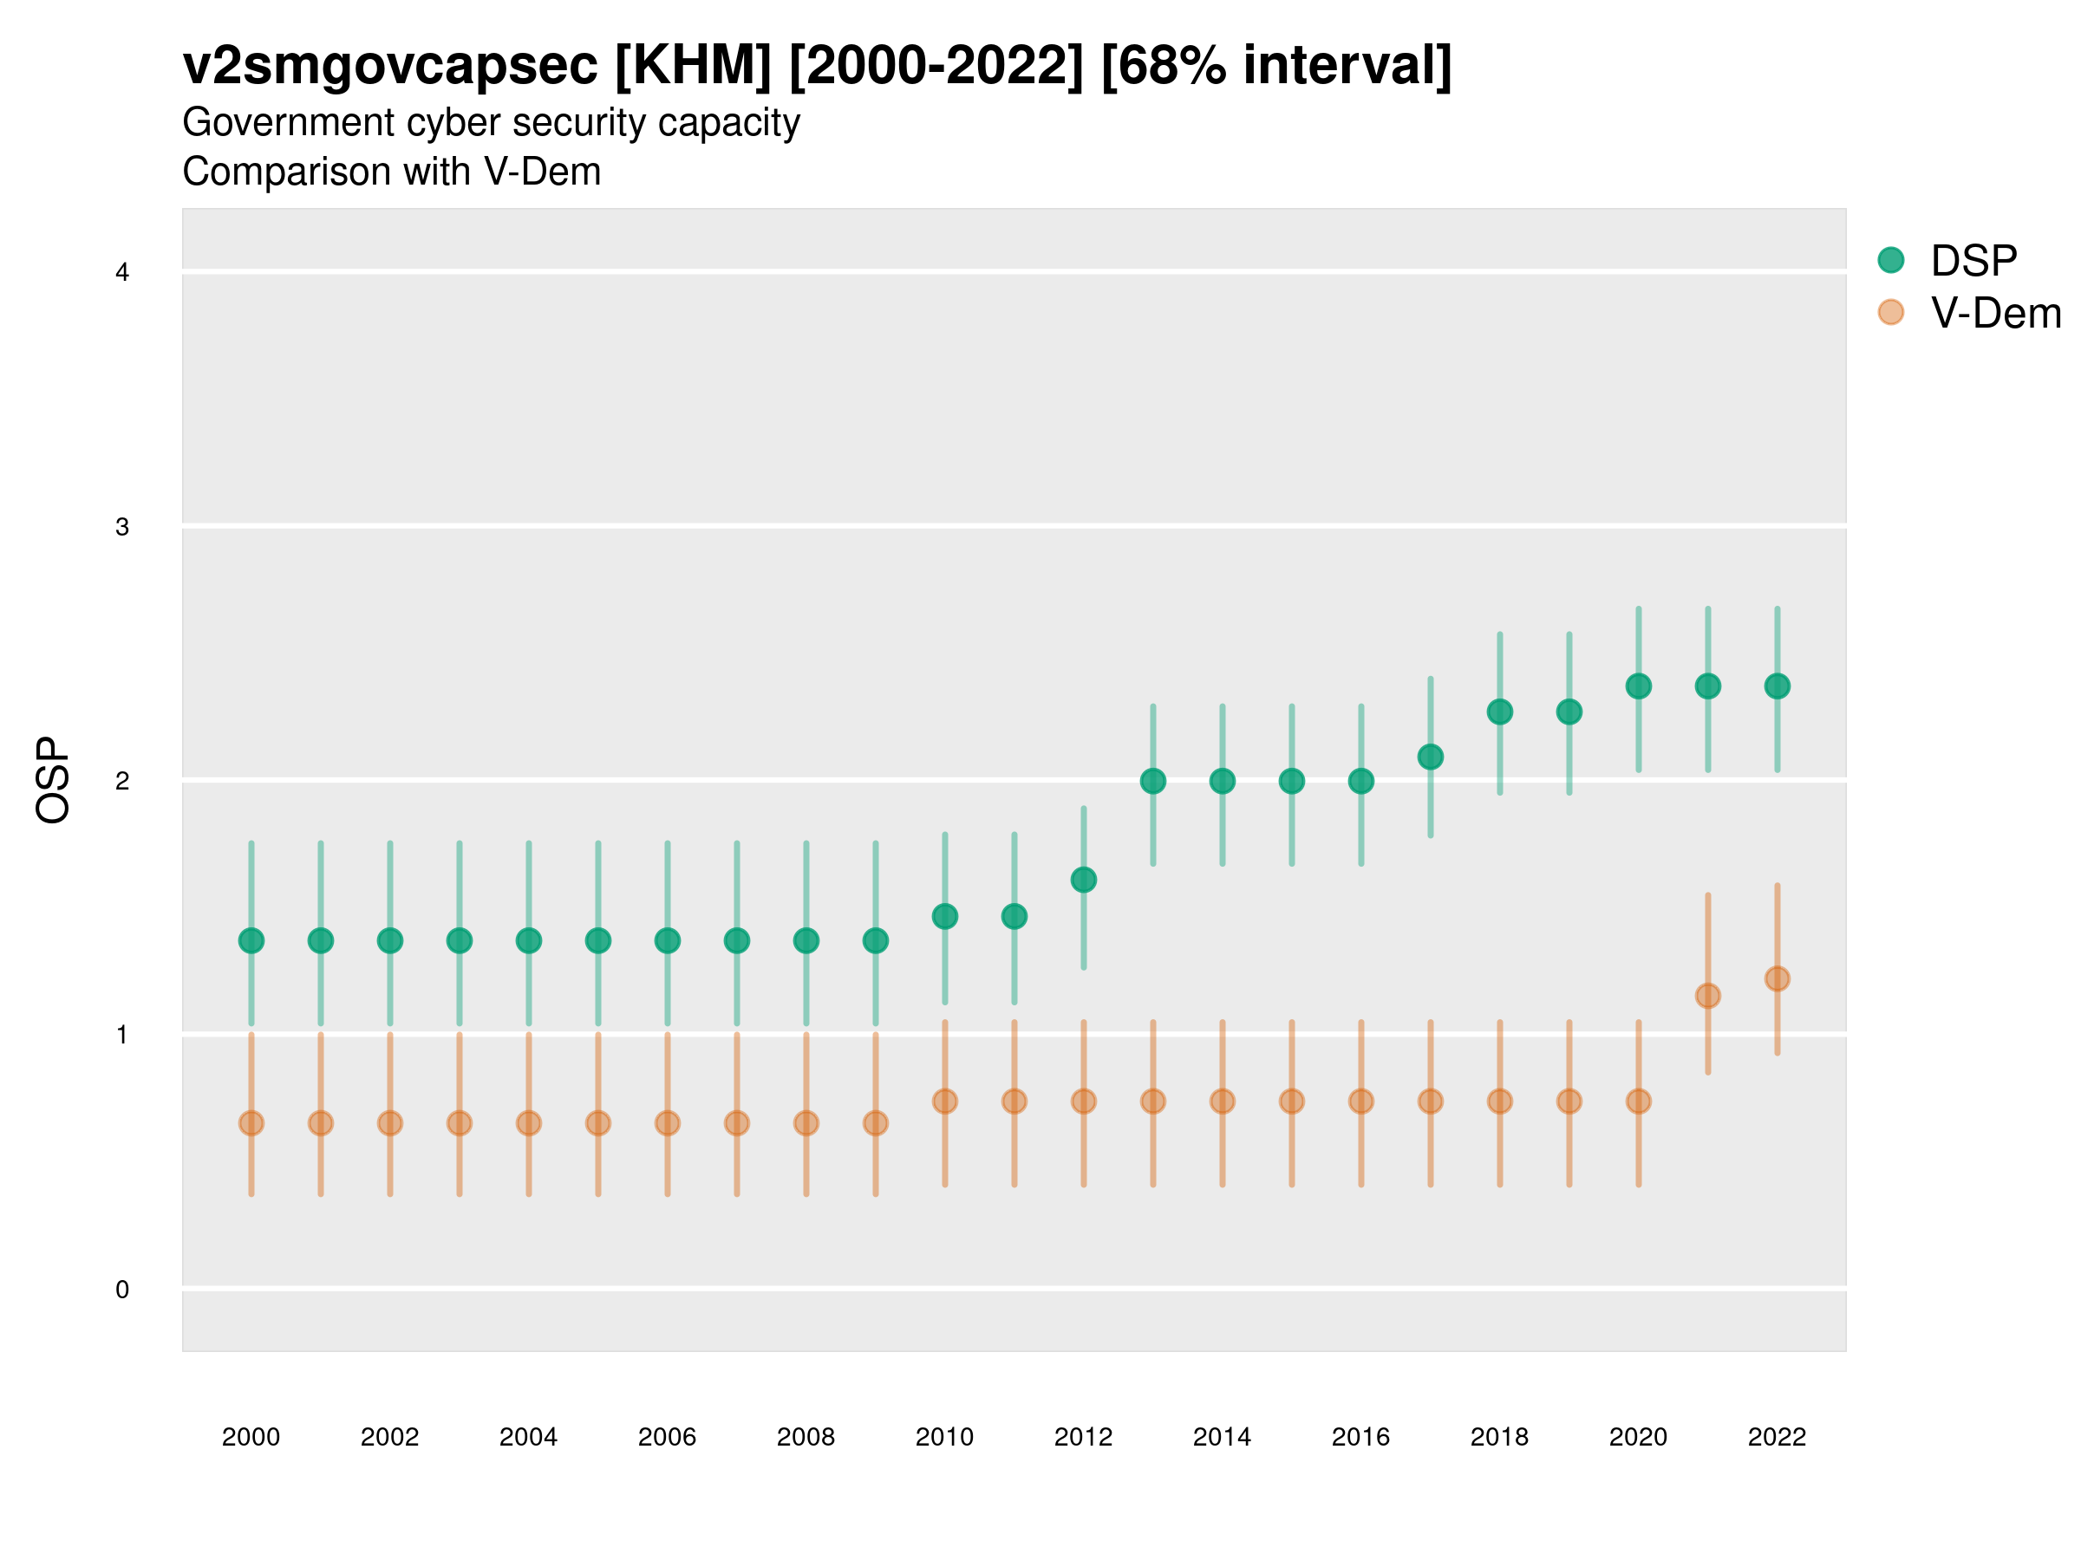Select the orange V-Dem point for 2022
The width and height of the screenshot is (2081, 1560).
[x=1778, y=978]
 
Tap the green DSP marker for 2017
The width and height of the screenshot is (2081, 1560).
[x=1430, y=757]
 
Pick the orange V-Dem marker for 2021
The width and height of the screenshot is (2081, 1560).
[x=1707, y=996]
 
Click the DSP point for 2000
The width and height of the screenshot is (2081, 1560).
[x=251, y=940]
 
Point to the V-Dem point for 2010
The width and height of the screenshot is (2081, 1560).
[x=944, y=1102]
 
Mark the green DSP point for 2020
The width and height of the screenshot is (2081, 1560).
[x=1638, y=686]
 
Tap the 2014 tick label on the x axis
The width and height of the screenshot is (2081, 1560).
[x=1222, y=1437]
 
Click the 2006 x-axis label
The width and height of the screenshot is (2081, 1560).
[x=667, y=1437]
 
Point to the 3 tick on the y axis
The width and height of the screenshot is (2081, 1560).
[x=122, y=527]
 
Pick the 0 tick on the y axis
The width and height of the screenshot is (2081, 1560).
[x=122, y=1290]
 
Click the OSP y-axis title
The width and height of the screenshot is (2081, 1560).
[x=53, y=781]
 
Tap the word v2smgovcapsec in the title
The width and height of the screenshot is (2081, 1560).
[x=389, y=66]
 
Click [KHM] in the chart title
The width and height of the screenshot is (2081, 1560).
[x=693, y=66]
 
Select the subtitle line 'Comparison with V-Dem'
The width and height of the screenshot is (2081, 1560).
[x=391, y=172]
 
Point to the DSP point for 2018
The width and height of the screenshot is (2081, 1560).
[x=1499, y=712]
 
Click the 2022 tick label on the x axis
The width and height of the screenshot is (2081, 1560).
[x=1778, y=1437]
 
